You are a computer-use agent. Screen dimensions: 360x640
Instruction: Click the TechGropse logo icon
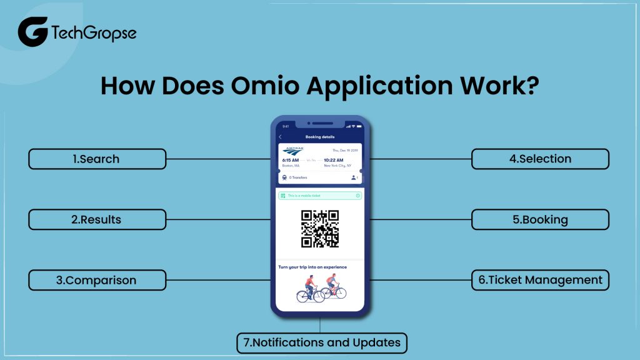point(32,32)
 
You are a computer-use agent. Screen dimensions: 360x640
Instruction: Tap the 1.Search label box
point(97,159)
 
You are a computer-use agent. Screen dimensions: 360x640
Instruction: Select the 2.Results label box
point(97,219)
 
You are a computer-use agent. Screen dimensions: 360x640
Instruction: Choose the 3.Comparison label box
point(97,280)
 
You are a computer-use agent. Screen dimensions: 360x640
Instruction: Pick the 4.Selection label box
point(540,159)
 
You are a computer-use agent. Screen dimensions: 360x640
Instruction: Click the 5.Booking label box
point(540,219)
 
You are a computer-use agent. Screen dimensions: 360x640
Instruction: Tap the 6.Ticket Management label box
point(540,280)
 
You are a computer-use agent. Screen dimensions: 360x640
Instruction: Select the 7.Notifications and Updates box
point(322,342)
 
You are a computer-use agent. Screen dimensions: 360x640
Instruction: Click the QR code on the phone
point(320,229)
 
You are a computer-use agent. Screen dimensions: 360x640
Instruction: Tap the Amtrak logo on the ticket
point(292,151)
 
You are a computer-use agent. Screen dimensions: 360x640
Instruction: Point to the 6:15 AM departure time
point(290,160)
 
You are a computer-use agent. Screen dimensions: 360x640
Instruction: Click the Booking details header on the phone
point(320,137)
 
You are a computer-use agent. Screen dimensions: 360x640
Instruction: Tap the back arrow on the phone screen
point(280,137)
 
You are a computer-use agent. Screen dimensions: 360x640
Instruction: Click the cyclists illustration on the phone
point(320,289)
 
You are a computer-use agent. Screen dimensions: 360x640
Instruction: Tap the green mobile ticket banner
point(320,196)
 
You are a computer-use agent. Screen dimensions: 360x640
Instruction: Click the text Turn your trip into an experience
point(312,267)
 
